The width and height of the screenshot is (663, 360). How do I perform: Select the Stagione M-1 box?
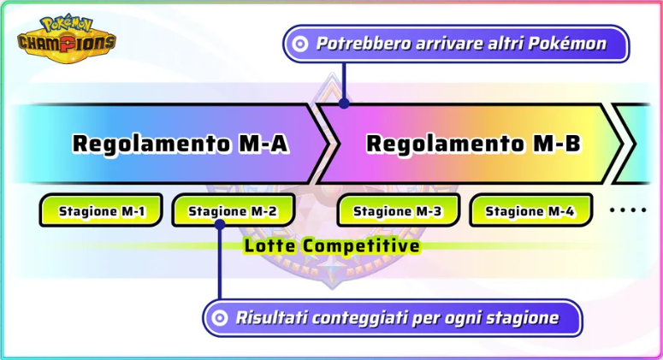pyautogui.click(x=101, y=210)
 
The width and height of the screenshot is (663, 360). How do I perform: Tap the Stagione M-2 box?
pyautogui.click(x=233, y=210)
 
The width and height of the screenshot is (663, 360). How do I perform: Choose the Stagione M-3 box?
pyautogui.click(x=397, y=210)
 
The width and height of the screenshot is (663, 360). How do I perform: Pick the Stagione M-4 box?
pyautogui.click(x=530, y=210)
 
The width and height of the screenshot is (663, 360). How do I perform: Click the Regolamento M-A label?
pyautogui.click(x=180, y=144)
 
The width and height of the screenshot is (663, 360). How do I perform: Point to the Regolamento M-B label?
pyautogui.click(x=474, y=144)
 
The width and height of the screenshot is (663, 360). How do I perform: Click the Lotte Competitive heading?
pyautogui.click(x=332, y=246)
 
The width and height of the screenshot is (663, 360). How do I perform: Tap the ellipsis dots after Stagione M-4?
pyautogui.click(x=628, y=210)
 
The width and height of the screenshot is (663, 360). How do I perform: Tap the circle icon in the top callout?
pyautogui.click(x=299, y=44)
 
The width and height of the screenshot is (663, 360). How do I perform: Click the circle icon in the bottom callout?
pyautogui.click(x=220, y=318)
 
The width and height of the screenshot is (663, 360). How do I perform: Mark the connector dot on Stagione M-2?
pyautogui.click(x=220, y=225)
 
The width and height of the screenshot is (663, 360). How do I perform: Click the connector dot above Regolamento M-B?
pyautogui.click(x=343, y=103)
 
